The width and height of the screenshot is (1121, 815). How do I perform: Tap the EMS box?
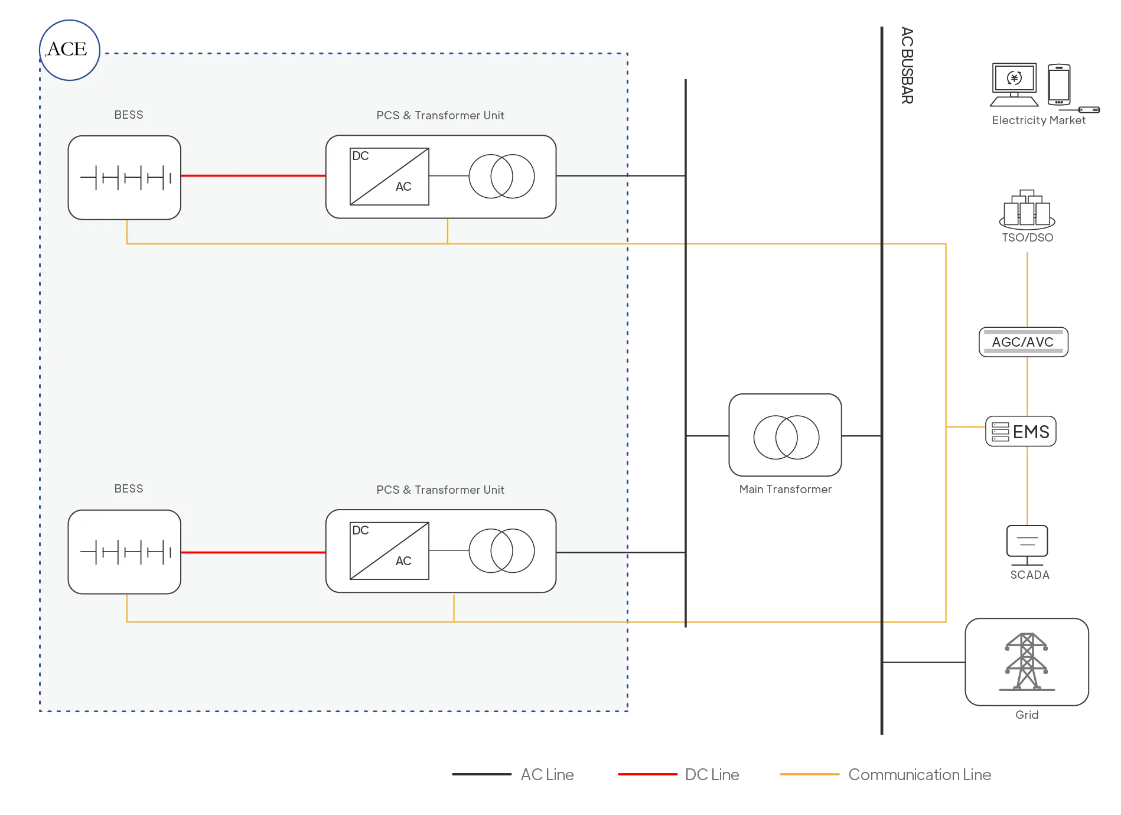click(x=1021, y=431)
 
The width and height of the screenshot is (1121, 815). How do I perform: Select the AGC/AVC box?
click(x=1024, y=342)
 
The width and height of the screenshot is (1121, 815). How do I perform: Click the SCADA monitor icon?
click(x=1027, y=545)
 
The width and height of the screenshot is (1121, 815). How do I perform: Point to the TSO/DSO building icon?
click(x=1027, y=210)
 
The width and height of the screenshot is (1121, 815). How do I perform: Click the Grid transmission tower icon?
click(x=1027, y=661)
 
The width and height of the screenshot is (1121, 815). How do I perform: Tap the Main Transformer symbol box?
click(x=786, y=435)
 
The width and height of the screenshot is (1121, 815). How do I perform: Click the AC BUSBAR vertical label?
click(x=907, y=66)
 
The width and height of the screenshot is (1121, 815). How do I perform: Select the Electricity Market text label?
click(x=1039, y=120)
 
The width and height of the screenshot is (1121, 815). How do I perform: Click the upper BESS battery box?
click(x=125, y=178)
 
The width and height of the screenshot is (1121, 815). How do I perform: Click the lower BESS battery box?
click(x=125, y=552)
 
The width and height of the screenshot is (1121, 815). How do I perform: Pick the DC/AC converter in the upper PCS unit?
click(x=389, y=177)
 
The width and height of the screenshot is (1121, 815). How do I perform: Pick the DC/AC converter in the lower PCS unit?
click(x=389, y=551)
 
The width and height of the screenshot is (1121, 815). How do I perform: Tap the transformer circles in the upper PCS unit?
click(x=502, y=176)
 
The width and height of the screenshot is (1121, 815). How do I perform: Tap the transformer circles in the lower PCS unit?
click(x=502, y=550)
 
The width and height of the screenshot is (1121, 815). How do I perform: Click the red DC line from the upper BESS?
click(x=253, y=175)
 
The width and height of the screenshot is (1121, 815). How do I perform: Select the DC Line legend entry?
click(x=679, y=774)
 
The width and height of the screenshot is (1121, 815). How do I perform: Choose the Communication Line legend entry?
click(x=885, y=774)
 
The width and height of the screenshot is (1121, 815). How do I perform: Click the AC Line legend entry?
click(x=513, y=774)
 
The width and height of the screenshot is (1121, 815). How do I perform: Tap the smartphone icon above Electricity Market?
click(x=1059, y=84)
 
